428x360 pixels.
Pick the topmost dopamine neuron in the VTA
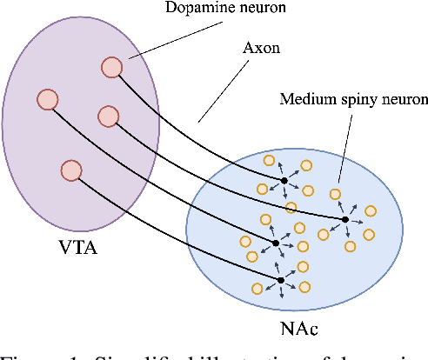(111, 67)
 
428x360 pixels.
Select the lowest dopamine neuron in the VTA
(71, 170)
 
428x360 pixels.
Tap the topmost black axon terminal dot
(283, 180)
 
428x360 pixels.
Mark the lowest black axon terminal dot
(280, 279)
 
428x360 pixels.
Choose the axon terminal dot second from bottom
(275, 243)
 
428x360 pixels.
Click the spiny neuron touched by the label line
(334, 195)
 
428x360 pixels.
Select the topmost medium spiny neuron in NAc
(269, 161)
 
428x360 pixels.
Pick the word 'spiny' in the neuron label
(352, 98)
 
